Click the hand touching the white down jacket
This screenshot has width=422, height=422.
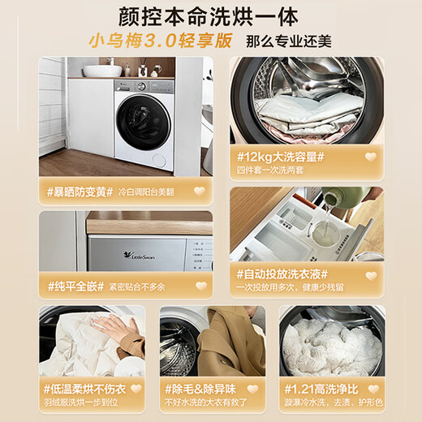click(x=116, y=329)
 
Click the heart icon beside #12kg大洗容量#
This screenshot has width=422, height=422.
click(x=371, y=157)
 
